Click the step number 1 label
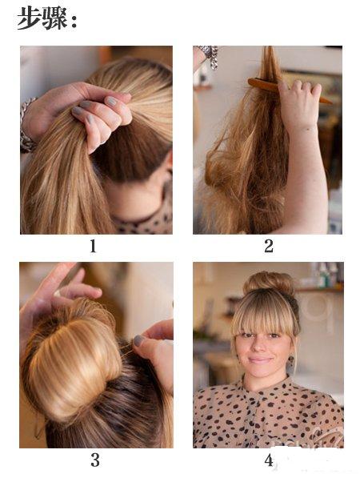[93, 246]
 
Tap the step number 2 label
[268, 246]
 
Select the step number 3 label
[95, 460]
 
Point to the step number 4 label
[269, 460]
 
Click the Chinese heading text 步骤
[42, 18]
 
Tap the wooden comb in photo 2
[290, 90]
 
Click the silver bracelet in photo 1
[26, 126]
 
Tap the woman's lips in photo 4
[260, 360]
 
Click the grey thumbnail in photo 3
[138, 340]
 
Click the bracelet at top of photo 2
[210, 55]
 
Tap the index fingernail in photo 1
[111, 101]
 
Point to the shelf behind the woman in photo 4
[320, 289]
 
